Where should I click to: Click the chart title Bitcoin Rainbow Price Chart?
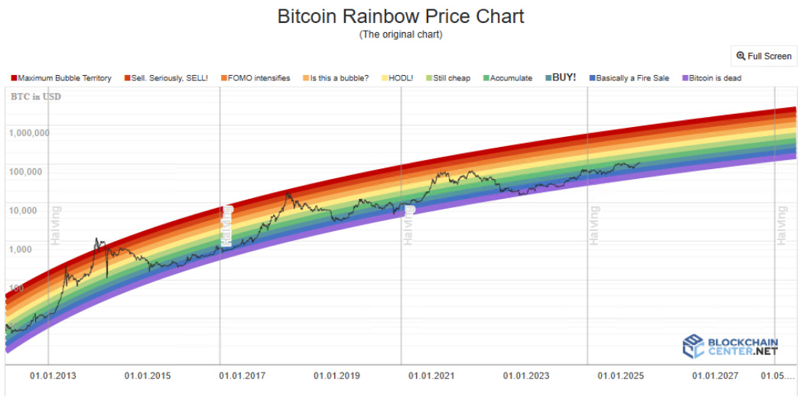[x=400, y=16]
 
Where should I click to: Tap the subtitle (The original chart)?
[x=400, y=34]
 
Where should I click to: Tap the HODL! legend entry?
[x=400, y=78]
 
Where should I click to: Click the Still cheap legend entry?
[x=451, y=78]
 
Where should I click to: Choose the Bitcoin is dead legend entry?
[x=714, y=78]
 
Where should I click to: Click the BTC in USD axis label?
[x=35, y=97]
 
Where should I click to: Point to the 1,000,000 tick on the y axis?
[x=30, y=132]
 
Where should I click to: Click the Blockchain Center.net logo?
[x=730, y=346]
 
